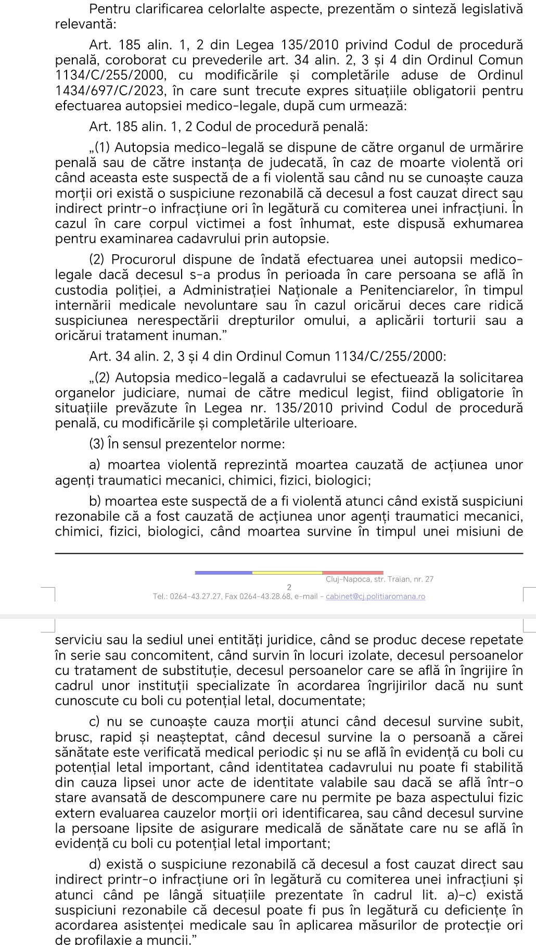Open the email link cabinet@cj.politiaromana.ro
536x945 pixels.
(x=375, y=596)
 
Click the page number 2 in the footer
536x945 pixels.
(x=289, y=588)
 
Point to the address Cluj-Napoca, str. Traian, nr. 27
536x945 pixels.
(x=379, y=579)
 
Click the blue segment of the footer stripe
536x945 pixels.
(x=223, y=573)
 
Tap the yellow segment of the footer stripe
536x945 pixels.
(x=287, y=573)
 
